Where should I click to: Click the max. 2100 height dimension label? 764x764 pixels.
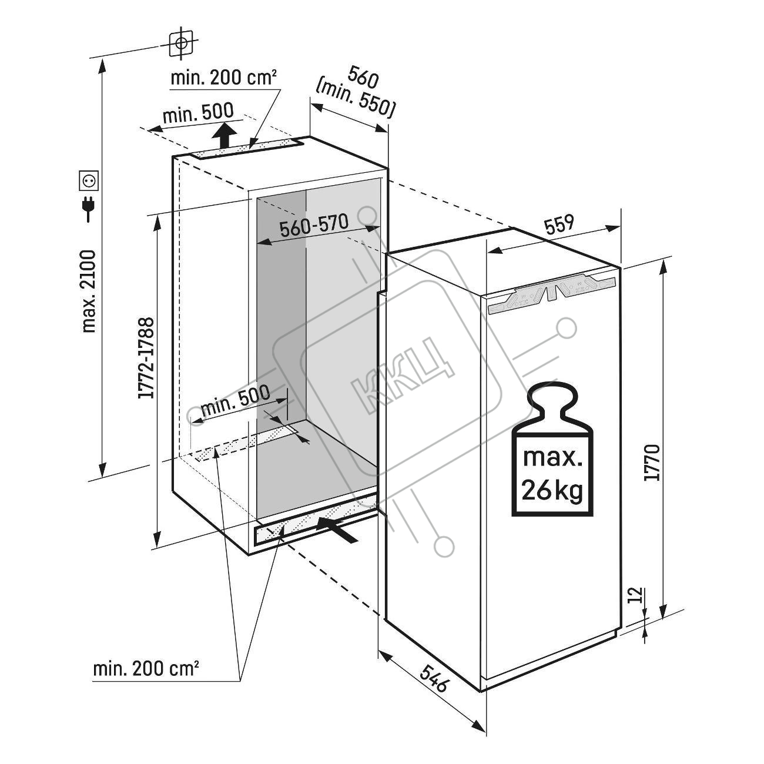(89, 291)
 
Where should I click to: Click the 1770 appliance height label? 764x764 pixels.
(652, 463)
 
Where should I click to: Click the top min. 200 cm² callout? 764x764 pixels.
(223, 78)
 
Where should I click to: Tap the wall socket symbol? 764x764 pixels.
(89, 181)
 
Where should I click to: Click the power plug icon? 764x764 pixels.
(88, 209)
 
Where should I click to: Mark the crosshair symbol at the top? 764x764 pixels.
(181, 43)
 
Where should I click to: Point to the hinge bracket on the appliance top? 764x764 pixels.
(552, 295)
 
